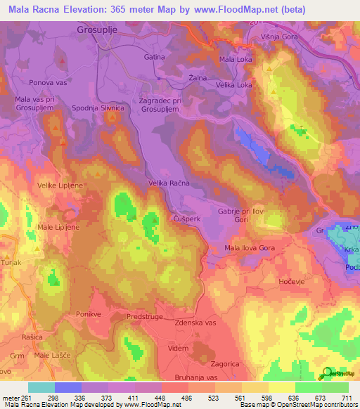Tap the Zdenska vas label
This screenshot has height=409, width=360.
coord(195,323)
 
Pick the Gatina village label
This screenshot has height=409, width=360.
coord(154,56)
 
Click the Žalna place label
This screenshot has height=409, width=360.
coord(198,77)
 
